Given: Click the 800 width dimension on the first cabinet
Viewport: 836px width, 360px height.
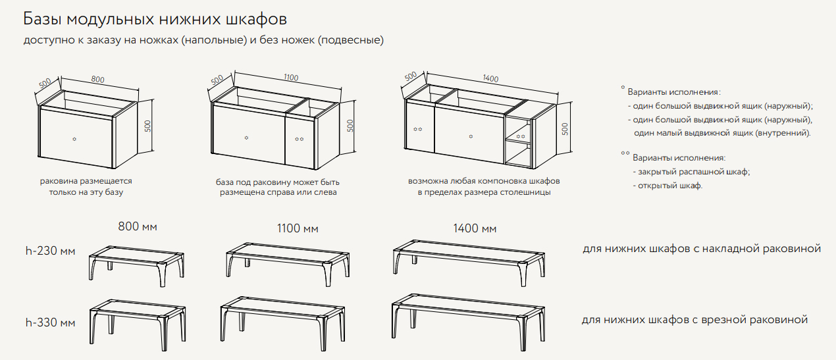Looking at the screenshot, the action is pos(98,80).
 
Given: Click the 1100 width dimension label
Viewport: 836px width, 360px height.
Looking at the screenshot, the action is pos(291,78).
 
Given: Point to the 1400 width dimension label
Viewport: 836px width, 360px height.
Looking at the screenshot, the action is pos(491,78).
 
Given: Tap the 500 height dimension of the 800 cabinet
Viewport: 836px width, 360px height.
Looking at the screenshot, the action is pos(148,126).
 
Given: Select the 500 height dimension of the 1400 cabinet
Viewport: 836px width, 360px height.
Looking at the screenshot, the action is pos(565,129).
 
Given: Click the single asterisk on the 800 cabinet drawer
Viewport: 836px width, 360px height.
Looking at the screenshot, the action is pos(74,139).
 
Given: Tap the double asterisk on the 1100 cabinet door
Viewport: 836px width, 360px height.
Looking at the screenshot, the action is pos(300,139).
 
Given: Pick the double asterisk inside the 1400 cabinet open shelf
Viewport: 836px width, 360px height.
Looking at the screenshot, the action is pos(521,136).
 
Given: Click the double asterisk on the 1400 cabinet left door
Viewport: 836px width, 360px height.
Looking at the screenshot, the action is pos(417,130).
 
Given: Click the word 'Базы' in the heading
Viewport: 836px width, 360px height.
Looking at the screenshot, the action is pos(43,19).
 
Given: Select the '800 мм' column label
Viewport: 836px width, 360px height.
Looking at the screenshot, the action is pos(138,226).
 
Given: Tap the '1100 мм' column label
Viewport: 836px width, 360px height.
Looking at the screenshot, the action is pos(298,228).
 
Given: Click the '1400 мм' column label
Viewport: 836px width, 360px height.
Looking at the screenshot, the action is pos(475,228).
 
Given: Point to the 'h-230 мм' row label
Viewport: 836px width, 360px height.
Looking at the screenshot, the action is pos(51,251).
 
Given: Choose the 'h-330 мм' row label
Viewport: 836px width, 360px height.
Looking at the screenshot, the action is pos(51,322).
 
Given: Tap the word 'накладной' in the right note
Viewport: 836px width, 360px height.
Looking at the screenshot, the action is pos(731,249).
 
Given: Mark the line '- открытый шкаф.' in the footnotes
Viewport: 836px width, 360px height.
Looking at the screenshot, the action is pos(667,186).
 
